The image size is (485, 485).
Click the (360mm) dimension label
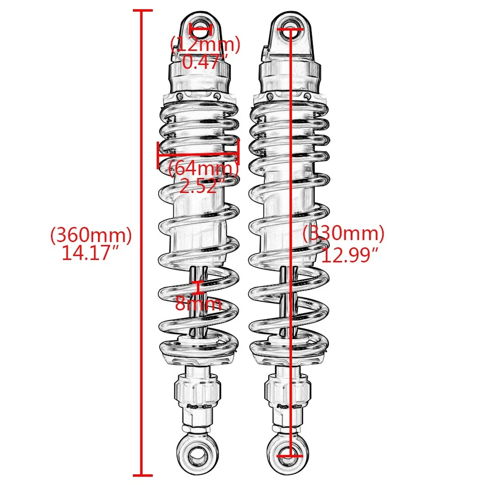pyautogui.click(x=91, y=235)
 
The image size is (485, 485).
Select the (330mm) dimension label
pyautogui.click(x=344, y=234)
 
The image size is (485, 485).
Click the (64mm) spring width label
pyautogui.click(x=203, y=168)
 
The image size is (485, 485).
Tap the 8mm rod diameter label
pyautogui.click(x=199, y=304)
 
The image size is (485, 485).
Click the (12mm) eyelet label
pyautogui.click(x=205, y=44)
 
